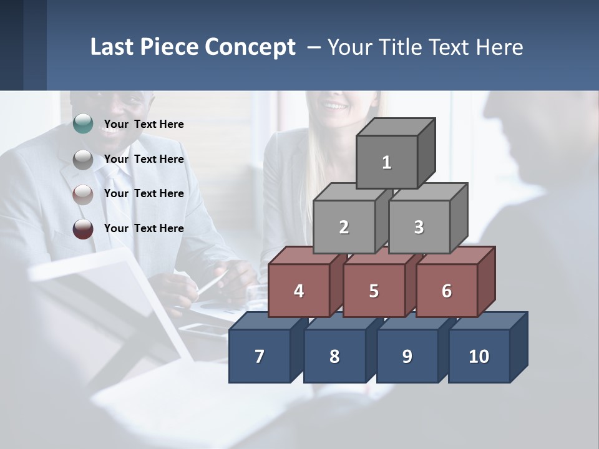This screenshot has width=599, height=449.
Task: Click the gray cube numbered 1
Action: click(387, 162)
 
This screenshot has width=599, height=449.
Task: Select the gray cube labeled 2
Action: click(344, 227)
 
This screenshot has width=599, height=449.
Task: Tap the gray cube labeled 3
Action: click(419, 227)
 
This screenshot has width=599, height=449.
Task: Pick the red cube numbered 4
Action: click(299, 291)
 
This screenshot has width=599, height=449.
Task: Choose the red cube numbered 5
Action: click(374, 291)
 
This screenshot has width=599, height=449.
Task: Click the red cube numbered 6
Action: click(447, 291)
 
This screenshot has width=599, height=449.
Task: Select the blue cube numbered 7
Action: click(260, 356)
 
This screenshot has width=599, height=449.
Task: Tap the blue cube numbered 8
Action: click(334, 356)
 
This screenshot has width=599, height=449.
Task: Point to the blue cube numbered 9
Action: click(407, 356)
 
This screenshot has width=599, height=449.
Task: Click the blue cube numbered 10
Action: click(479, 356)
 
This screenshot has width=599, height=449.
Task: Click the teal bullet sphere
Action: click(83, 124)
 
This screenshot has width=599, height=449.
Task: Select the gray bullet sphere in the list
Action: click(83, 160)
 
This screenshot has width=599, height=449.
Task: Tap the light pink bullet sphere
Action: click(83, 194)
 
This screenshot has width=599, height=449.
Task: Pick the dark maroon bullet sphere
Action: click(83, 229)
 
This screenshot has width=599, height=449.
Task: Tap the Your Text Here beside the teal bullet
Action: click(144, 124)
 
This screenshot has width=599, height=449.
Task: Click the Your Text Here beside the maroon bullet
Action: click(144, 228)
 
